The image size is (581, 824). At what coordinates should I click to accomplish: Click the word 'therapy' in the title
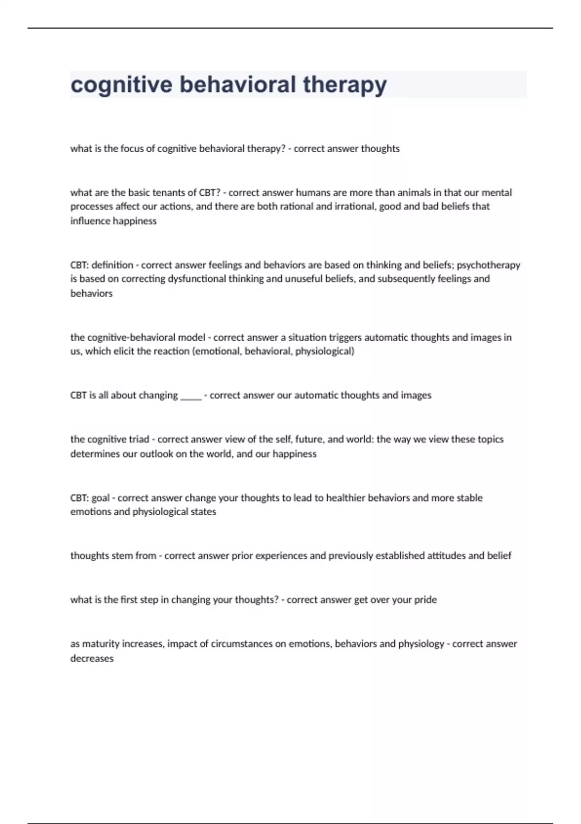[345, 85]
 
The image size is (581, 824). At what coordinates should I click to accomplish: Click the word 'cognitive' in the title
[122, 85]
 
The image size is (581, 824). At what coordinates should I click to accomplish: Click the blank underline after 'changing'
[191, 396]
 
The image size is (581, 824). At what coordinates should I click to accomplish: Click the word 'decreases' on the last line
[92, 658]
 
